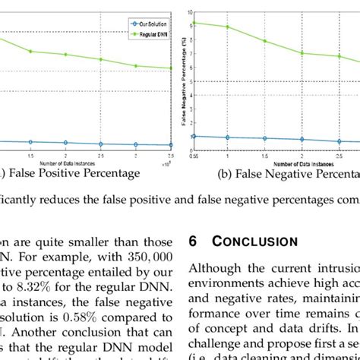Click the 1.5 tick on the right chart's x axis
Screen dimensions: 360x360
coord(264,155)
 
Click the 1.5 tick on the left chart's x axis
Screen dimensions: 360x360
coord(31,156)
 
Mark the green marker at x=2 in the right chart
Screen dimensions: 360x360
coord(302,53)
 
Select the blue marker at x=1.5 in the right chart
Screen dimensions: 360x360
coord(264,138)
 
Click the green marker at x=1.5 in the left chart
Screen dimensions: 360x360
coord(31,51)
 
